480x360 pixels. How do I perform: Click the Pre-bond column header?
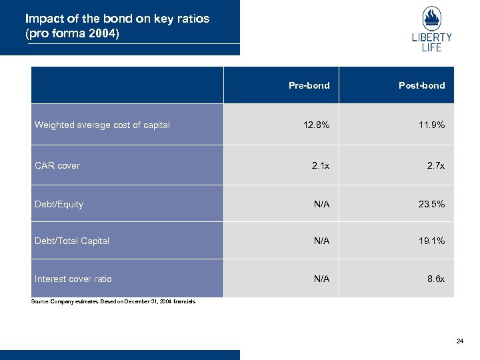click(x=309, y=85)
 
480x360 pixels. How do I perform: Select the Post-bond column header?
click(x=421, y=85)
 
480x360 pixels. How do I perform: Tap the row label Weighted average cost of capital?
click(x=102, y=125)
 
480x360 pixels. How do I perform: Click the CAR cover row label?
click(x=57, y=165)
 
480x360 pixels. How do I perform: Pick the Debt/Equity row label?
click(x=59, y=204)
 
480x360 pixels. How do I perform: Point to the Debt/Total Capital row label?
click(x=72, y=241)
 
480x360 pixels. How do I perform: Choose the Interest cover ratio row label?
click(x=73, y=279)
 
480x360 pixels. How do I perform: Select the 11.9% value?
click(x=431, y=125)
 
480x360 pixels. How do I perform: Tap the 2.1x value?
click(x=321, y=165)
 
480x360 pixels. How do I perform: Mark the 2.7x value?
click(x=435, y=165)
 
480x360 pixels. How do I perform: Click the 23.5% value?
click(x=431, y=205)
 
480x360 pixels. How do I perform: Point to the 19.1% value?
click(x=431, y=241)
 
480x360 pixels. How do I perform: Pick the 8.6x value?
click(x=436, y=279)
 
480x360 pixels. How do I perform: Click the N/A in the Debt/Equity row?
click(x=321, y=205)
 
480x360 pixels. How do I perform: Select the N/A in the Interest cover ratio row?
click(x=321, y=279)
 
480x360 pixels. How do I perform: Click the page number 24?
click(x=459, y=341)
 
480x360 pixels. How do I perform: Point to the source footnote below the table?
click(x=113, y=302)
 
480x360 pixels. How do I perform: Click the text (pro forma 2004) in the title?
click(x=72, y=33)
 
